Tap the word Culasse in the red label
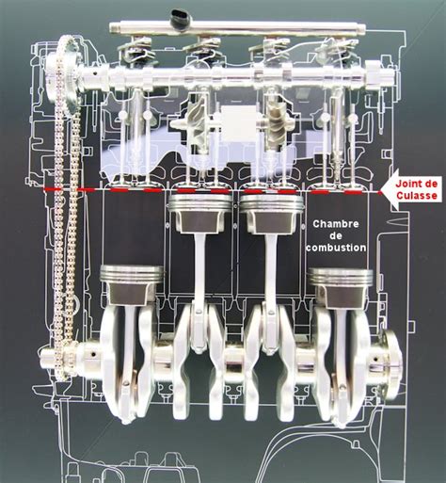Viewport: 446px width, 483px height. pyautogui.click(x=417, y=196)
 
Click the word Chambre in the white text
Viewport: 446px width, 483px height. pyautogui.click(x=336, y=224)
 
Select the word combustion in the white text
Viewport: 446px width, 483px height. pyautogui.click(x=336, y=248)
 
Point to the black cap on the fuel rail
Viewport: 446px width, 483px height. pyautogui.click(x=180, y=18)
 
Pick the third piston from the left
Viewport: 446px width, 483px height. pyautogui.click(x=271, y=214)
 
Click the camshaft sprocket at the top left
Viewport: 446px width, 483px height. pyautogui.click(x=63, y=73)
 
